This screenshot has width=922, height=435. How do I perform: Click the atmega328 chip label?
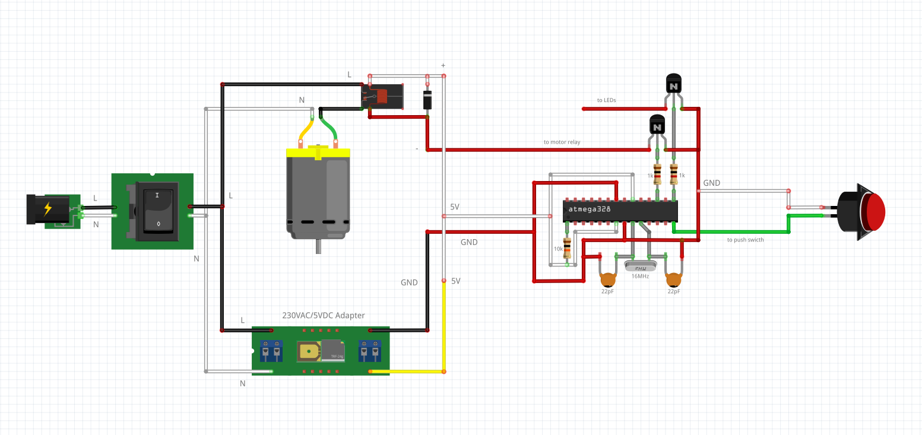click(590, 209)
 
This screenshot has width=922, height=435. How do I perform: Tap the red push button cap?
click(875, 212)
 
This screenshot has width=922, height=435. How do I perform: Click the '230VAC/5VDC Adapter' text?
click(323, 316)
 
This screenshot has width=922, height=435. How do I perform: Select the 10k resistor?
click(567, 248)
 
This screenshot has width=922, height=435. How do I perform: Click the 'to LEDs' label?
click(606, 100)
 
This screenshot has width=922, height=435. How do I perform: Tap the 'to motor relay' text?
click(562, 142)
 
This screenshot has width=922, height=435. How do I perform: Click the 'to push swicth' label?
click(745, 240)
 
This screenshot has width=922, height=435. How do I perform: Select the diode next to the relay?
click(427, 99)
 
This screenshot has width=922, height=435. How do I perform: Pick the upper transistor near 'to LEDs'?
click(673, 86)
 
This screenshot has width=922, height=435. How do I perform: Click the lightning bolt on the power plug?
click(47, 208)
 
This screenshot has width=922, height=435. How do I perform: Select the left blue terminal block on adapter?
click(270, 351)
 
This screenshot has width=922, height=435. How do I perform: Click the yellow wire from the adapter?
click(443, 332)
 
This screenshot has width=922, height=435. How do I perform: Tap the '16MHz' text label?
click(640, 277)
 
